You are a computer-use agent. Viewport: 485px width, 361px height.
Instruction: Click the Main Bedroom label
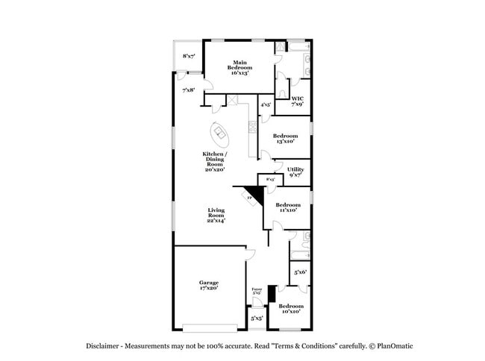tap(239, 67)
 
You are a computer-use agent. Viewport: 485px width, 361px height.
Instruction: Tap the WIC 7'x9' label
tap(297, 101)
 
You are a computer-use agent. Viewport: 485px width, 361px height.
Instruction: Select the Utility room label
tap(295, 172)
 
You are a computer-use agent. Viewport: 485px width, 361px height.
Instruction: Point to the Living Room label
tap(216, 216)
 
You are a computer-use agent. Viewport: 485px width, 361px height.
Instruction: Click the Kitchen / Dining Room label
tap(215, 161)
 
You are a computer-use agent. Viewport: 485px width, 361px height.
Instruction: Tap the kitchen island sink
tap(220, 134)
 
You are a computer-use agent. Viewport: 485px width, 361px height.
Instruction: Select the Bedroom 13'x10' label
tap(287, 138)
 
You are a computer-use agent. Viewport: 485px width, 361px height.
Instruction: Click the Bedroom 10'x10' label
tap(290, 308)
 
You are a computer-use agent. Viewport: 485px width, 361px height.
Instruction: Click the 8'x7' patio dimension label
tap(189, 56)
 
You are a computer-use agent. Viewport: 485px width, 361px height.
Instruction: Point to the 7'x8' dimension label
tap(189, 90)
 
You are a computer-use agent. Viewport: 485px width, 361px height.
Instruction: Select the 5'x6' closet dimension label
tap(300, 272)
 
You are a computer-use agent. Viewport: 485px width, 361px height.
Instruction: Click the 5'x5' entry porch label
tap(257, 318)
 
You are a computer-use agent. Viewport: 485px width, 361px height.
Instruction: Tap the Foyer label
tap(256, 291)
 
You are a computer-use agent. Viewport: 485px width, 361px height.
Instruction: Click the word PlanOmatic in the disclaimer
tap(395, 346)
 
